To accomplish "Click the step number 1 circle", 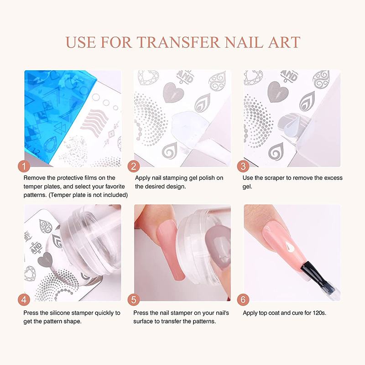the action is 24,167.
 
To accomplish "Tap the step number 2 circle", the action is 134,167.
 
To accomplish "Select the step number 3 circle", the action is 243,167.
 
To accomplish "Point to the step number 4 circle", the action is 24,300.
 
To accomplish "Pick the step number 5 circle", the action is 134,300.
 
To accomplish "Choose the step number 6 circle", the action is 243,300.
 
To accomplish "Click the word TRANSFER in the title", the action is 178,42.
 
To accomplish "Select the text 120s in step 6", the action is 319,313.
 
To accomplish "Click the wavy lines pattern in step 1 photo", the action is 94,122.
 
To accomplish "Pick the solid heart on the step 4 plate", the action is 46,259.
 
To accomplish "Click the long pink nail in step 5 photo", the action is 171,253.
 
